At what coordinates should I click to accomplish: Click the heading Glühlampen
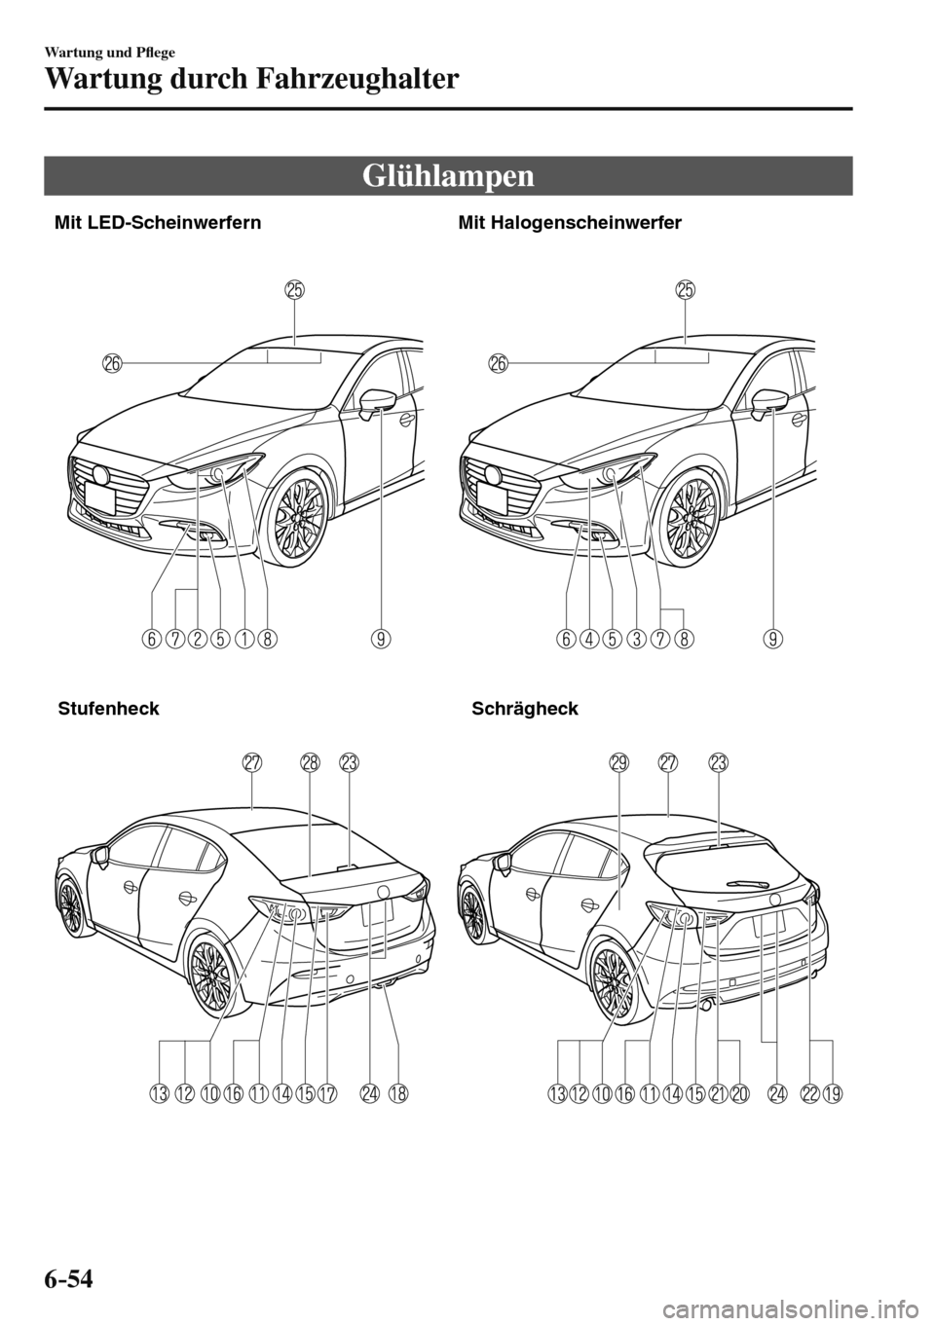tap(449, 176)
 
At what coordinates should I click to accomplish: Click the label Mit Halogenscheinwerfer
tap(569, 223)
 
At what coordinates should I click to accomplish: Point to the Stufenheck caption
tap(108, 708)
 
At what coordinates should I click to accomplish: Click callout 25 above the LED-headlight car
tap(294, 289)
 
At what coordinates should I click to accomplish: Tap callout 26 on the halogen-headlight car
tap(499, 363)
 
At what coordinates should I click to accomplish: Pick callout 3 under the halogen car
tap(636, 639)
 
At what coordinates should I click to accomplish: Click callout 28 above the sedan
tap(310, 764)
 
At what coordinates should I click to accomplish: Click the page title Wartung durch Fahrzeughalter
tap(250, 77)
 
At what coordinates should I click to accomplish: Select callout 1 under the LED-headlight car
tap(243, 639)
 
